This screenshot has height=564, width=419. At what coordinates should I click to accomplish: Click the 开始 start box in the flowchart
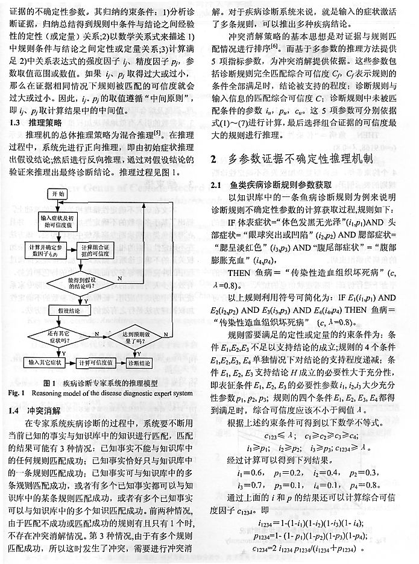click(58, 194)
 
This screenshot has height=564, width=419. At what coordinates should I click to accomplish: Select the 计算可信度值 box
click(96, 363)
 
